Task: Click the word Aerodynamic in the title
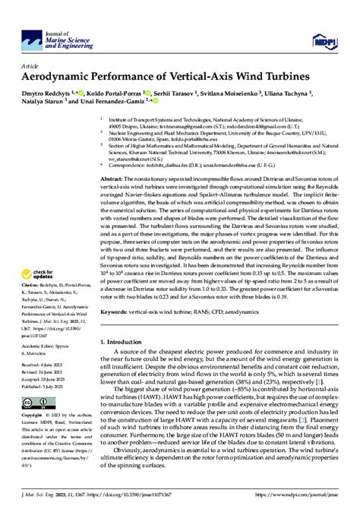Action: [x=62, y=77]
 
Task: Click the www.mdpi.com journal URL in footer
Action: [x=304, y=496]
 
